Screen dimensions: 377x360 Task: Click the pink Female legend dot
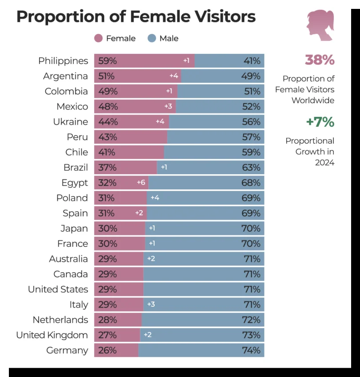[x=99, y=38]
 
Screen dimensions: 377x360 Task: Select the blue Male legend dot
[x=152, y=38]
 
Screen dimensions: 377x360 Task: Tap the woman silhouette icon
[x=320, y=26]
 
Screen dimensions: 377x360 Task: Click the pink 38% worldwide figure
[x=320, y=60]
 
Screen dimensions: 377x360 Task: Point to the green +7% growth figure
[x=320, y=121]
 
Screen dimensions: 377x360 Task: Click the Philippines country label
[x=63, y=61]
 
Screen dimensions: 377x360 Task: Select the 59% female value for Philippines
[x=108, y=61]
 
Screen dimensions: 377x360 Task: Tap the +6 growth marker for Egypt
[x=141, y=183]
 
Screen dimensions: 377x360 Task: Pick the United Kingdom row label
[x=52, y=335]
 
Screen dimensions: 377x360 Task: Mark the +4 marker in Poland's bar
[x=155, y=198]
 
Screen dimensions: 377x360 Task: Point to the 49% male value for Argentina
[x=251, y=76]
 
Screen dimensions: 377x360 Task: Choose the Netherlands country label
[x=60, y=320]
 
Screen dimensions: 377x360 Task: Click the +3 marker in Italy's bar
[x=151, y=305]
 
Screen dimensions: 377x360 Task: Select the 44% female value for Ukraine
[x=108, y=122]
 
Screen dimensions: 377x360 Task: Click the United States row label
[x=58, y=289]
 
